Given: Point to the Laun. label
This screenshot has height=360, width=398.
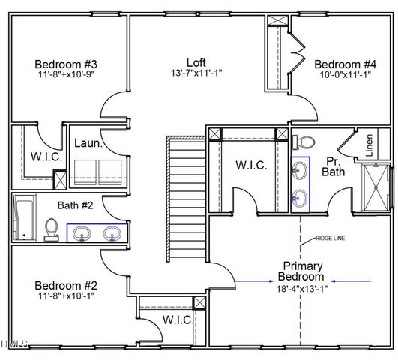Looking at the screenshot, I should [x=87, y=143].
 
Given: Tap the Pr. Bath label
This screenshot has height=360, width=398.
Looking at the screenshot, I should [x=333, y=166].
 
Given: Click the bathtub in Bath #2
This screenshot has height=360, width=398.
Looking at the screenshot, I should [x=24, y=218].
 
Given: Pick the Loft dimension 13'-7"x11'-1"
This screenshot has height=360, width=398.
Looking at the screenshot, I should [x=196, y=73].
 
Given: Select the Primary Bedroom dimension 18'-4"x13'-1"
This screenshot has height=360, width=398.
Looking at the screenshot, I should [x=303, y=287].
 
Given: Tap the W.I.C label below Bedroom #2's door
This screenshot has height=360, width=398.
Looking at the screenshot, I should [x=177, y=320].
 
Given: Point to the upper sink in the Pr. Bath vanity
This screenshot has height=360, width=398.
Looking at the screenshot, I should [x=301, y=170].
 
